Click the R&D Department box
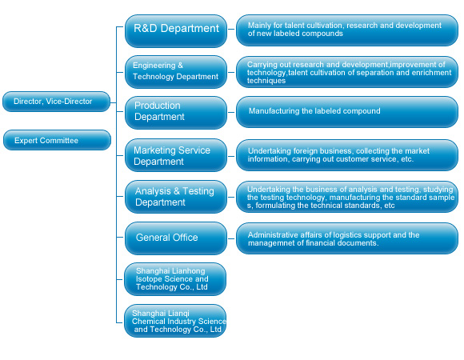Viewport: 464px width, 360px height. [x=176, y=31]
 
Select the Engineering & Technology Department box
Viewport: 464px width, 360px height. [x=176, y=72]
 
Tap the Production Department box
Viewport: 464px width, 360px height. [x=176, y=113]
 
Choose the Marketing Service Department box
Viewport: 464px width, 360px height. [x=176, y=155]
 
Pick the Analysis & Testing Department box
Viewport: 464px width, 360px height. [x=176, y=197]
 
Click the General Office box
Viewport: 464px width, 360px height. [x=176, y=238]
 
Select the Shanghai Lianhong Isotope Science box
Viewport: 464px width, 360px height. [x=175, y=279]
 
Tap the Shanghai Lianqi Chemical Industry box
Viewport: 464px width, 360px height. [x=175, y=321]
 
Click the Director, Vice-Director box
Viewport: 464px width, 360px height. [x=56, y=102]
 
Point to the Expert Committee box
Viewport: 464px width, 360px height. [x=57, y=140]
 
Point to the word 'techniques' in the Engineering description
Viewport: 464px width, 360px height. [x=266, y=81]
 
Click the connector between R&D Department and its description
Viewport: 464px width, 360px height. [x=231, y=30]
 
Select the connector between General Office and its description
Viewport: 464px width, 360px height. [x=231, y=238]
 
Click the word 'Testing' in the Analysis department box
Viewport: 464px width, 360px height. [x=198, y=191]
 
